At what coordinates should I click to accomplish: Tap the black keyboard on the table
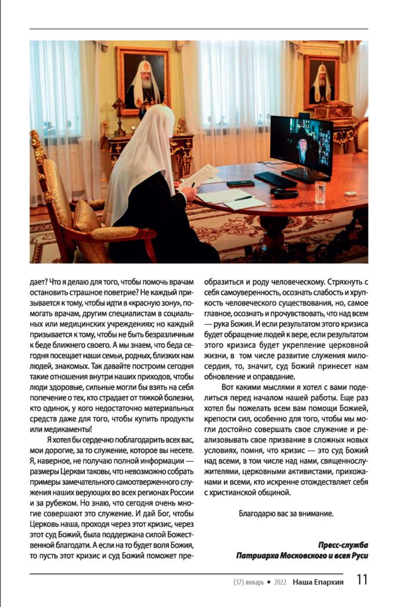click(275, 179)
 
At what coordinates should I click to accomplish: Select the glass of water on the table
click(320, 192)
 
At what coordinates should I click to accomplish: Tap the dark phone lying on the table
click(240, 184)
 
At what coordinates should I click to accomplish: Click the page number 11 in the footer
click(362, 580)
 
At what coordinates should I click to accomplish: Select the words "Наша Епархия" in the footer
click(318, 581)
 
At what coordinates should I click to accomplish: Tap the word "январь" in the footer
click(253, 581)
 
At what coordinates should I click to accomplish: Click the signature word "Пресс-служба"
click(343, 545)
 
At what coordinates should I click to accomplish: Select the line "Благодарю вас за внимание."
click(286, 513)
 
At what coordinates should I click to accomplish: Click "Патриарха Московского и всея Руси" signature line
click(302, 555)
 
